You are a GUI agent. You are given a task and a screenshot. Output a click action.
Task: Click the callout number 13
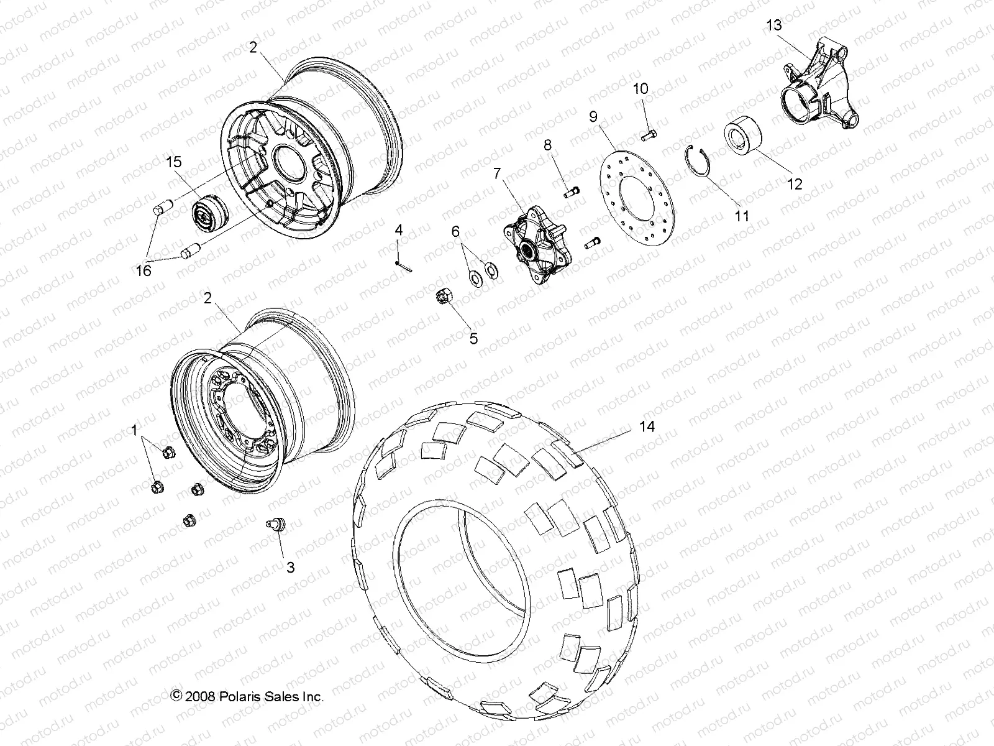click(774, 25)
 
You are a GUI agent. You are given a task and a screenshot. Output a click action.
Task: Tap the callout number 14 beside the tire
click(649, 426)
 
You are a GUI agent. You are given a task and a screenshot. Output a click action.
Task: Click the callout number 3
click(290, 567)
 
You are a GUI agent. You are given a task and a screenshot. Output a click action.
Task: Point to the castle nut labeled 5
click(445, 297)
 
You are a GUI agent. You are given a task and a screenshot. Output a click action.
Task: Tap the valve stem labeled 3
click(275, 525)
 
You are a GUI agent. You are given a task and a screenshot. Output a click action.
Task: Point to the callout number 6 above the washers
click(456, 231)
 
